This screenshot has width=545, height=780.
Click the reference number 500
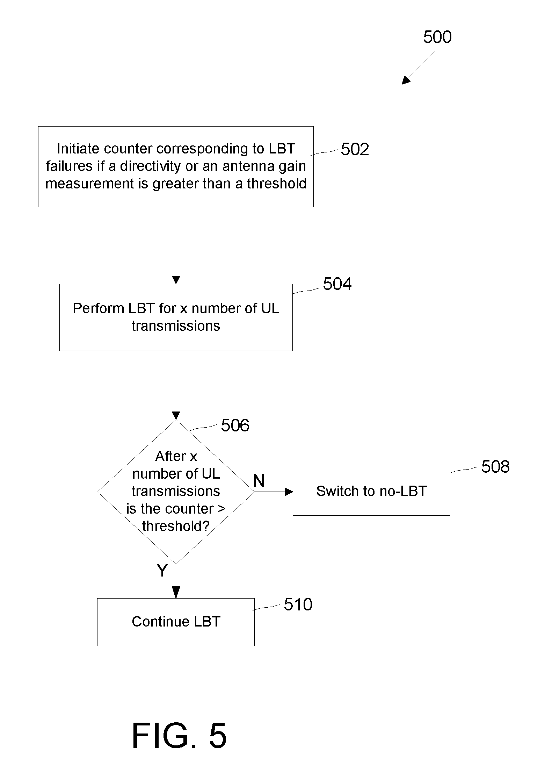(x=437, y=37)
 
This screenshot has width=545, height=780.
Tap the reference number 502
(x=355, y=149)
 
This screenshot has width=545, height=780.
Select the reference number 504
(x=337, y=284)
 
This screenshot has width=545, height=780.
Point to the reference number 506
(x=235, y=425)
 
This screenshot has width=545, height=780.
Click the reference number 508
(x=495, y=467)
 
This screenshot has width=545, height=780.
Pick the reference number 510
(x=298, y=604)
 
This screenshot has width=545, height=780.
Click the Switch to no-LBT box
(x=371, y=492)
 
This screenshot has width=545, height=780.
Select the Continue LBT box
(x=176, y=622)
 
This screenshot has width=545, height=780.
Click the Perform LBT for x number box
(x=176, y=317)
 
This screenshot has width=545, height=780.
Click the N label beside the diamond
(x=259, y=481)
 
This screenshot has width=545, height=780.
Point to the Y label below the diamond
(x=162, y=570)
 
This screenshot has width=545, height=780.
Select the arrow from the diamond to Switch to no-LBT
(x=274, y=492)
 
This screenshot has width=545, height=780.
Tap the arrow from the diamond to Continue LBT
(x=176, y=581)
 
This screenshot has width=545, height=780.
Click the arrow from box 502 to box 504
(x=176, y=245)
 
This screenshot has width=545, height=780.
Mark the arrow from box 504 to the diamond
(x=176, y=385)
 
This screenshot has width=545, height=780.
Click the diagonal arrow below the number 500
(x=418, y=68)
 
